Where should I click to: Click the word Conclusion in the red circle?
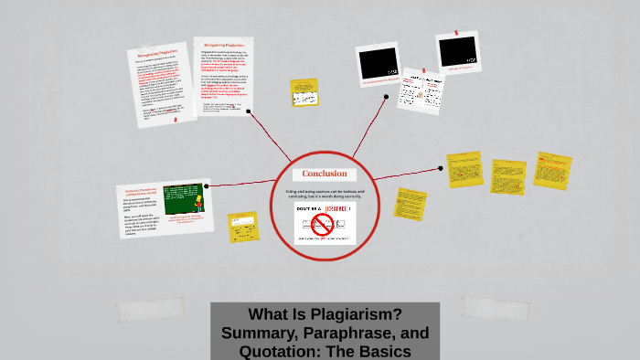(x=325, y=174)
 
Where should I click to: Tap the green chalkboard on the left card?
(x=183, y=197)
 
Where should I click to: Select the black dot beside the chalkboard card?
(x=207, y=185)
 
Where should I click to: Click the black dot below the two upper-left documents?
(x=251, y=114)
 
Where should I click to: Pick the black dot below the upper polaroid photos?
(x=387, y=96)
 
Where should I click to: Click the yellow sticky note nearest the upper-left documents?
(x=304, y=92)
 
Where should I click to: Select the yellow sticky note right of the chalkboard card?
(x=242, y=227)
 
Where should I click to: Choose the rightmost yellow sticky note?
(x=552, y=171)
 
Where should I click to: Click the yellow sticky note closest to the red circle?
(x=411, y=204)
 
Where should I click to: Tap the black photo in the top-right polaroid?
(x=457, y=51)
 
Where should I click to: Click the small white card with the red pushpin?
(x=421, y=91)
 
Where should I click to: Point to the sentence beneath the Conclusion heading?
(x=325, y=194)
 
